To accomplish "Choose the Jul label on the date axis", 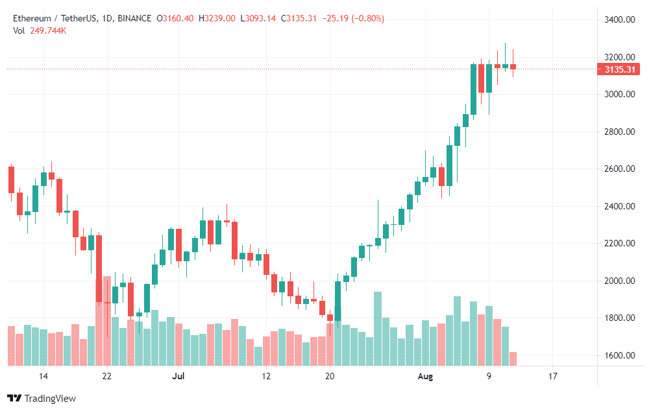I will coord(178,376).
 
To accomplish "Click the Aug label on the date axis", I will coord(425,376).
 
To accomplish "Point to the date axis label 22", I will coord(107,376).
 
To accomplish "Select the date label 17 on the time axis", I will coord(552,376).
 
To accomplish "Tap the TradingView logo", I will coord(42,398).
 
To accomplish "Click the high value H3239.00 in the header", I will coord(217,19).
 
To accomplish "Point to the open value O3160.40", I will coord(176,19).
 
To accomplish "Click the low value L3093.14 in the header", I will coord(259,19).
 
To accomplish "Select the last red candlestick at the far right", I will coord(513,66).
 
